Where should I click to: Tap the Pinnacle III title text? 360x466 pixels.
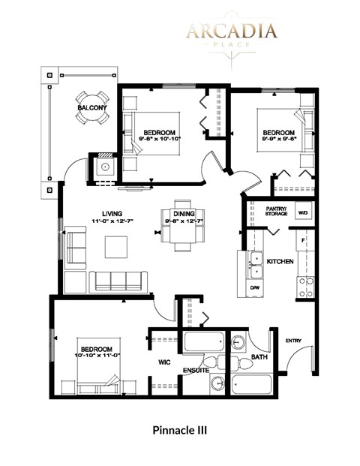point(179,431)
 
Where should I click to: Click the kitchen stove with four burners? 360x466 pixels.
point(306,285)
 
